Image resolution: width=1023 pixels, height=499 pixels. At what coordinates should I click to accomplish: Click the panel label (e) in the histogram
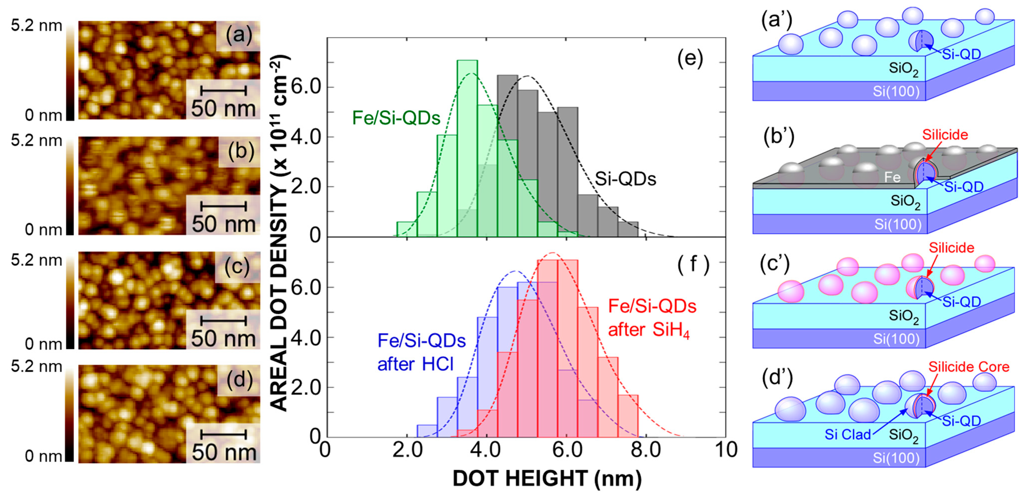click(690, 59)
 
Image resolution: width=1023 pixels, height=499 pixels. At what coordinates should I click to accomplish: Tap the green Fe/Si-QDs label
click(396, 118)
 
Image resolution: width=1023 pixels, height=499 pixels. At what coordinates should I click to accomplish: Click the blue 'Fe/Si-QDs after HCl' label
click(421, 352)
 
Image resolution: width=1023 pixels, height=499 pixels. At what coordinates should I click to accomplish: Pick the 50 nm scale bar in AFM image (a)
click(224, 90)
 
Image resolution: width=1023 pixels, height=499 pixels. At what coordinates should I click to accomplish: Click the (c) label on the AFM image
click(237, 267)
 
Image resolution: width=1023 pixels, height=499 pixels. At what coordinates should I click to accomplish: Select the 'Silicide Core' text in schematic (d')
click(969, 367)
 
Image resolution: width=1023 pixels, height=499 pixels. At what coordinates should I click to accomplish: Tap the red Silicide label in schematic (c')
click(951, 248)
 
